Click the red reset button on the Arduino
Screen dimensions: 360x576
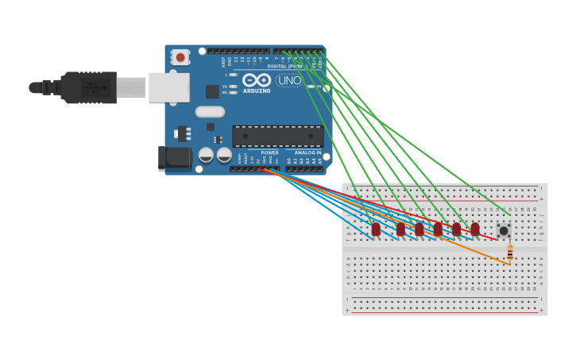(180, 57)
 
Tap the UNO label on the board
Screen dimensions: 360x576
(288, 80)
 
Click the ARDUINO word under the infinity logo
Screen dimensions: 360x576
(257, 91)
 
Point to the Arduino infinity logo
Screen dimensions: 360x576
(257, 79)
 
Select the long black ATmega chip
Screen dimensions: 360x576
(277, 136)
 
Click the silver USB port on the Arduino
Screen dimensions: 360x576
(168, 87)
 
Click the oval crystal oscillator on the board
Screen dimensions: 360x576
(210, 112)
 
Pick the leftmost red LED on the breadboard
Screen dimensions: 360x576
(376, 229)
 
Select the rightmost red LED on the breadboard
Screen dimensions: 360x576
(475, 229)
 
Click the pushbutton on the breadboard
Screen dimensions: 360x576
(504, 230)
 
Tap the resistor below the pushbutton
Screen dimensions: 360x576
(509, 252)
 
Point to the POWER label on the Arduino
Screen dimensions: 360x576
(270, 153)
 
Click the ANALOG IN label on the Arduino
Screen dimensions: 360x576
(307, 153)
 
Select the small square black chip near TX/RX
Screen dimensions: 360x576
(212, 91)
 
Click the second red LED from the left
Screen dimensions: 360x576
(400, 229)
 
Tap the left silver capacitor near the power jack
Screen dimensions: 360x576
(206, 154)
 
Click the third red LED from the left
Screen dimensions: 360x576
(419, 229)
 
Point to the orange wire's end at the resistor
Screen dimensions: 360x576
(508, 264)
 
